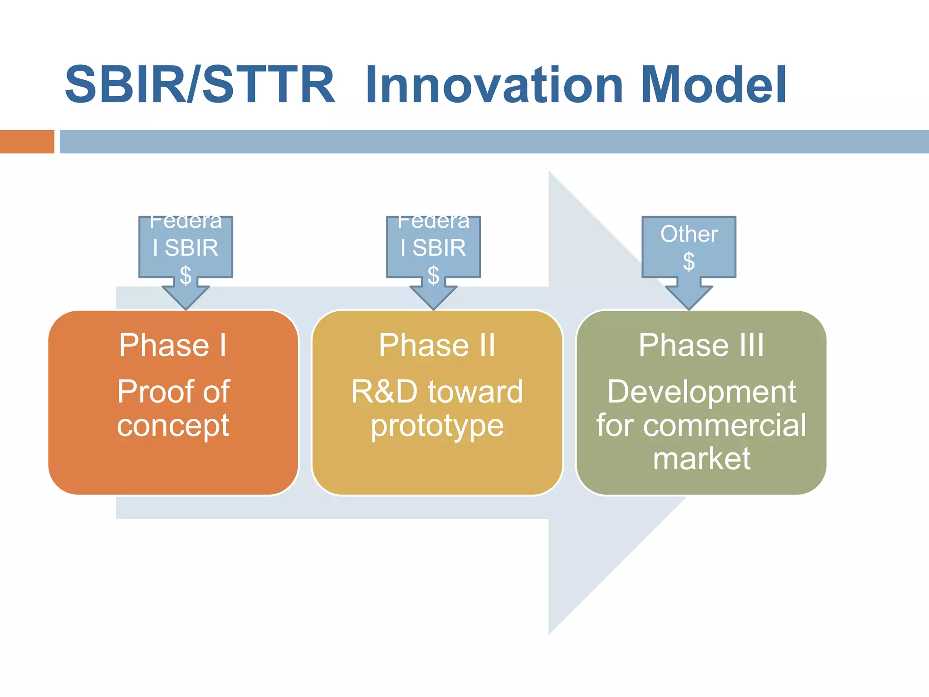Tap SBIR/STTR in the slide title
click(200, 85)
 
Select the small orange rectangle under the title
click(27, 142)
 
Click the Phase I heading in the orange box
click(173, 345)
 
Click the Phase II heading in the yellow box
click(437, 345)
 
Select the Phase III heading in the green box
click(701, 345)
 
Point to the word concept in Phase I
click(173, 426)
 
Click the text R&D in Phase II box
click(384, 392)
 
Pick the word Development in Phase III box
click(701, 392)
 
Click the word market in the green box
click(701, 459)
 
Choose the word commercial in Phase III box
click(724, 426)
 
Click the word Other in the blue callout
click(689, 234)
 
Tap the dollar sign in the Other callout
click(689, 261)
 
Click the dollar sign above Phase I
click(186, 275)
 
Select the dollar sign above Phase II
click(433, 275)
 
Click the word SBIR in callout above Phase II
click(439, 248)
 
